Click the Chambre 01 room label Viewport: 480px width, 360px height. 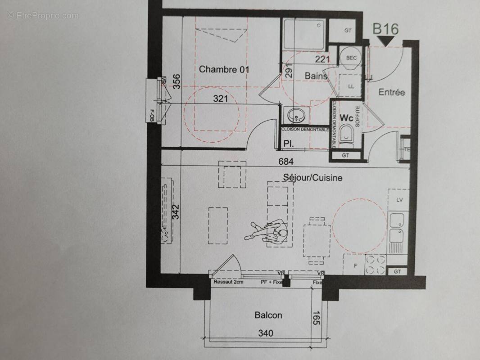point(224,69)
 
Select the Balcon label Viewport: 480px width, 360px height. point(268,315)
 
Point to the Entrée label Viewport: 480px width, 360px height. point(391,92)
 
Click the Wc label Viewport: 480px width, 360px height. point(346,118)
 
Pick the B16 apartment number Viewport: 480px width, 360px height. point(385,29)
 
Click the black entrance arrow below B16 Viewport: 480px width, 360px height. point(385,41)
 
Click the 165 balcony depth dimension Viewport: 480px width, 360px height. point(316,318)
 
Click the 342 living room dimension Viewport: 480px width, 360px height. point(176,212)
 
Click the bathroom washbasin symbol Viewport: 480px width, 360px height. point(296,115)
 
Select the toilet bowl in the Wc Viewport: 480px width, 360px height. point(346,134)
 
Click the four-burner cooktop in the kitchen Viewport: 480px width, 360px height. point(375,265)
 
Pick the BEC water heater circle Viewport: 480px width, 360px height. point(351,58)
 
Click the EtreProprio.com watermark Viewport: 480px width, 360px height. point(43,16)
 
